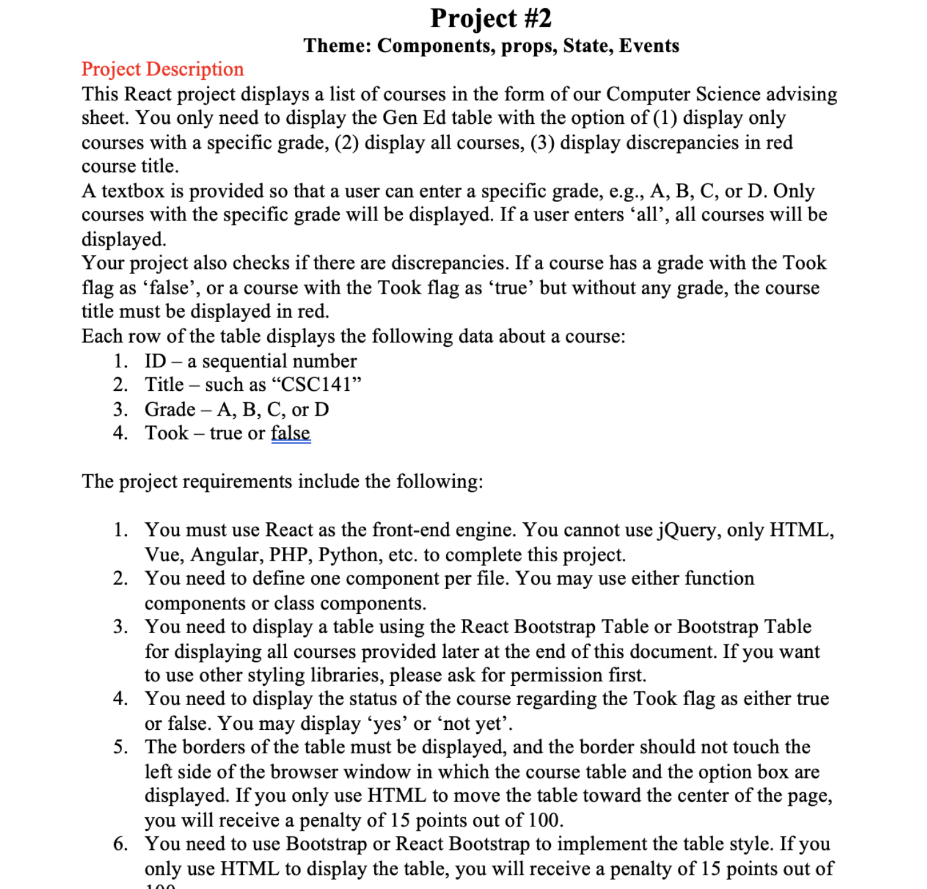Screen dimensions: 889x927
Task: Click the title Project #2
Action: [490, 19]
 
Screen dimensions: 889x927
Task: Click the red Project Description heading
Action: [162, 69]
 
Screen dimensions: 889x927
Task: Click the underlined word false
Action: [291, 433]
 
